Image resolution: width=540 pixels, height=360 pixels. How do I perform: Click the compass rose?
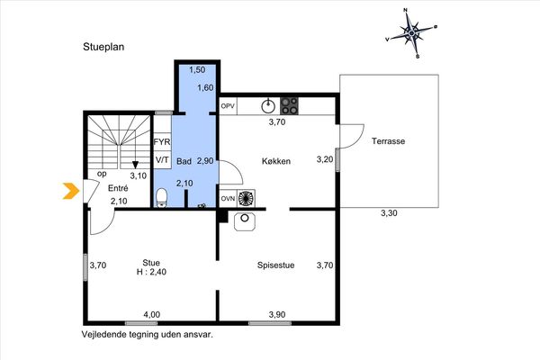411,33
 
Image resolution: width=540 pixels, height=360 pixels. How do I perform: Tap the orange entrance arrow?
71,191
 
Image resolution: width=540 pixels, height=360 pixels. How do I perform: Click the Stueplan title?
103,47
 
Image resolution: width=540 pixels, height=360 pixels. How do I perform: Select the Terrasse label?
388,141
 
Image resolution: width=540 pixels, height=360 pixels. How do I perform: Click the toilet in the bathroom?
161,198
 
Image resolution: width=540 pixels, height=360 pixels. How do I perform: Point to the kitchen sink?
268,106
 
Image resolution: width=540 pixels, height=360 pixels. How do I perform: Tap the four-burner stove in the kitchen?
289,106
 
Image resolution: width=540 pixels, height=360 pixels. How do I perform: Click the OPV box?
228,106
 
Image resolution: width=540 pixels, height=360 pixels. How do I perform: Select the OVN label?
228,198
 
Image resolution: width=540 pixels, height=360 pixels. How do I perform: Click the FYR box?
162,142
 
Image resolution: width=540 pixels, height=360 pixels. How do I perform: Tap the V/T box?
162,160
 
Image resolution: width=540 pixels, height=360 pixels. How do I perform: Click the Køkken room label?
276,161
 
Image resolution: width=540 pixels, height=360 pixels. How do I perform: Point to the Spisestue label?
276,265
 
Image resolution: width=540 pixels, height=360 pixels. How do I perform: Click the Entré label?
118,188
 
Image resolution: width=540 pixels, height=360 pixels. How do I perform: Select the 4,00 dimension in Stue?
152,314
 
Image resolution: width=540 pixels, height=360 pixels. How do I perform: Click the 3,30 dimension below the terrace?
389,213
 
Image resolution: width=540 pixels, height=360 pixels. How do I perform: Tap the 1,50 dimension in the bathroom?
197,69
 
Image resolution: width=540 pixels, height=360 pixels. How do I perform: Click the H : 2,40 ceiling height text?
151,272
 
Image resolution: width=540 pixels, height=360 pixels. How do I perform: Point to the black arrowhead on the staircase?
135,165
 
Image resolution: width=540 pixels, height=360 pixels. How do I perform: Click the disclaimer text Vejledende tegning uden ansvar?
148,334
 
